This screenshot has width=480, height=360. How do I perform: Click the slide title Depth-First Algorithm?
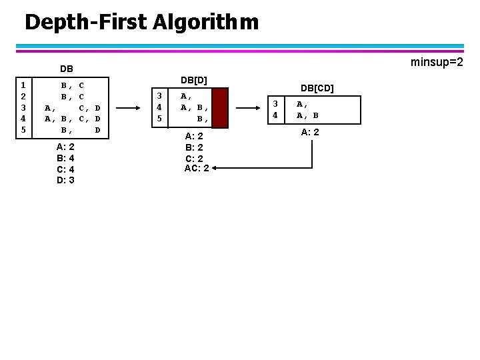click(141, 23)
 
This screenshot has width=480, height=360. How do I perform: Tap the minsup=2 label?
click(437, 63)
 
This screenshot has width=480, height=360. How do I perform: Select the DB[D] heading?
click(194, 80)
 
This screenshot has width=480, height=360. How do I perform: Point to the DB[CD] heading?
click(317, 87)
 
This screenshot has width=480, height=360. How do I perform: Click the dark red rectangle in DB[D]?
click(219, 107)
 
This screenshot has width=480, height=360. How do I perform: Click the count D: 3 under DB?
click(65, 180)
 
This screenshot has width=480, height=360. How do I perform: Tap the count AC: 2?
click(197, 168)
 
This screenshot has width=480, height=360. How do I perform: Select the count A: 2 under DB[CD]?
click(310, 132)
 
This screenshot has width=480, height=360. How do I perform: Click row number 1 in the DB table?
click(23, 85)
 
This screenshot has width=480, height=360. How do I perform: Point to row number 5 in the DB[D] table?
click(159, 118)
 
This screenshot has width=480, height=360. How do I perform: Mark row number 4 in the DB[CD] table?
click(274, 115)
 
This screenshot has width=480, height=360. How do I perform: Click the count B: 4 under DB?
click(65, 158)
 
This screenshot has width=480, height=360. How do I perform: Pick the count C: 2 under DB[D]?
click(194, 158)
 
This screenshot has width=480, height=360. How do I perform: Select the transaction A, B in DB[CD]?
click(307, 115)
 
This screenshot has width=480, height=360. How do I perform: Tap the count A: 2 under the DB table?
click(65, 147)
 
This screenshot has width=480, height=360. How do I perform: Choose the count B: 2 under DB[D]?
click(194, 147)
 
